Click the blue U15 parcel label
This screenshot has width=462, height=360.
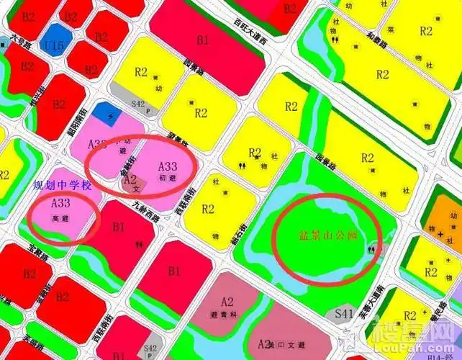[x=53, y=45]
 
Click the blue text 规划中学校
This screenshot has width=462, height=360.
[x=63, y=186]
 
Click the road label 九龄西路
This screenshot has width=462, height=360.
[x=145, y=210]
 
